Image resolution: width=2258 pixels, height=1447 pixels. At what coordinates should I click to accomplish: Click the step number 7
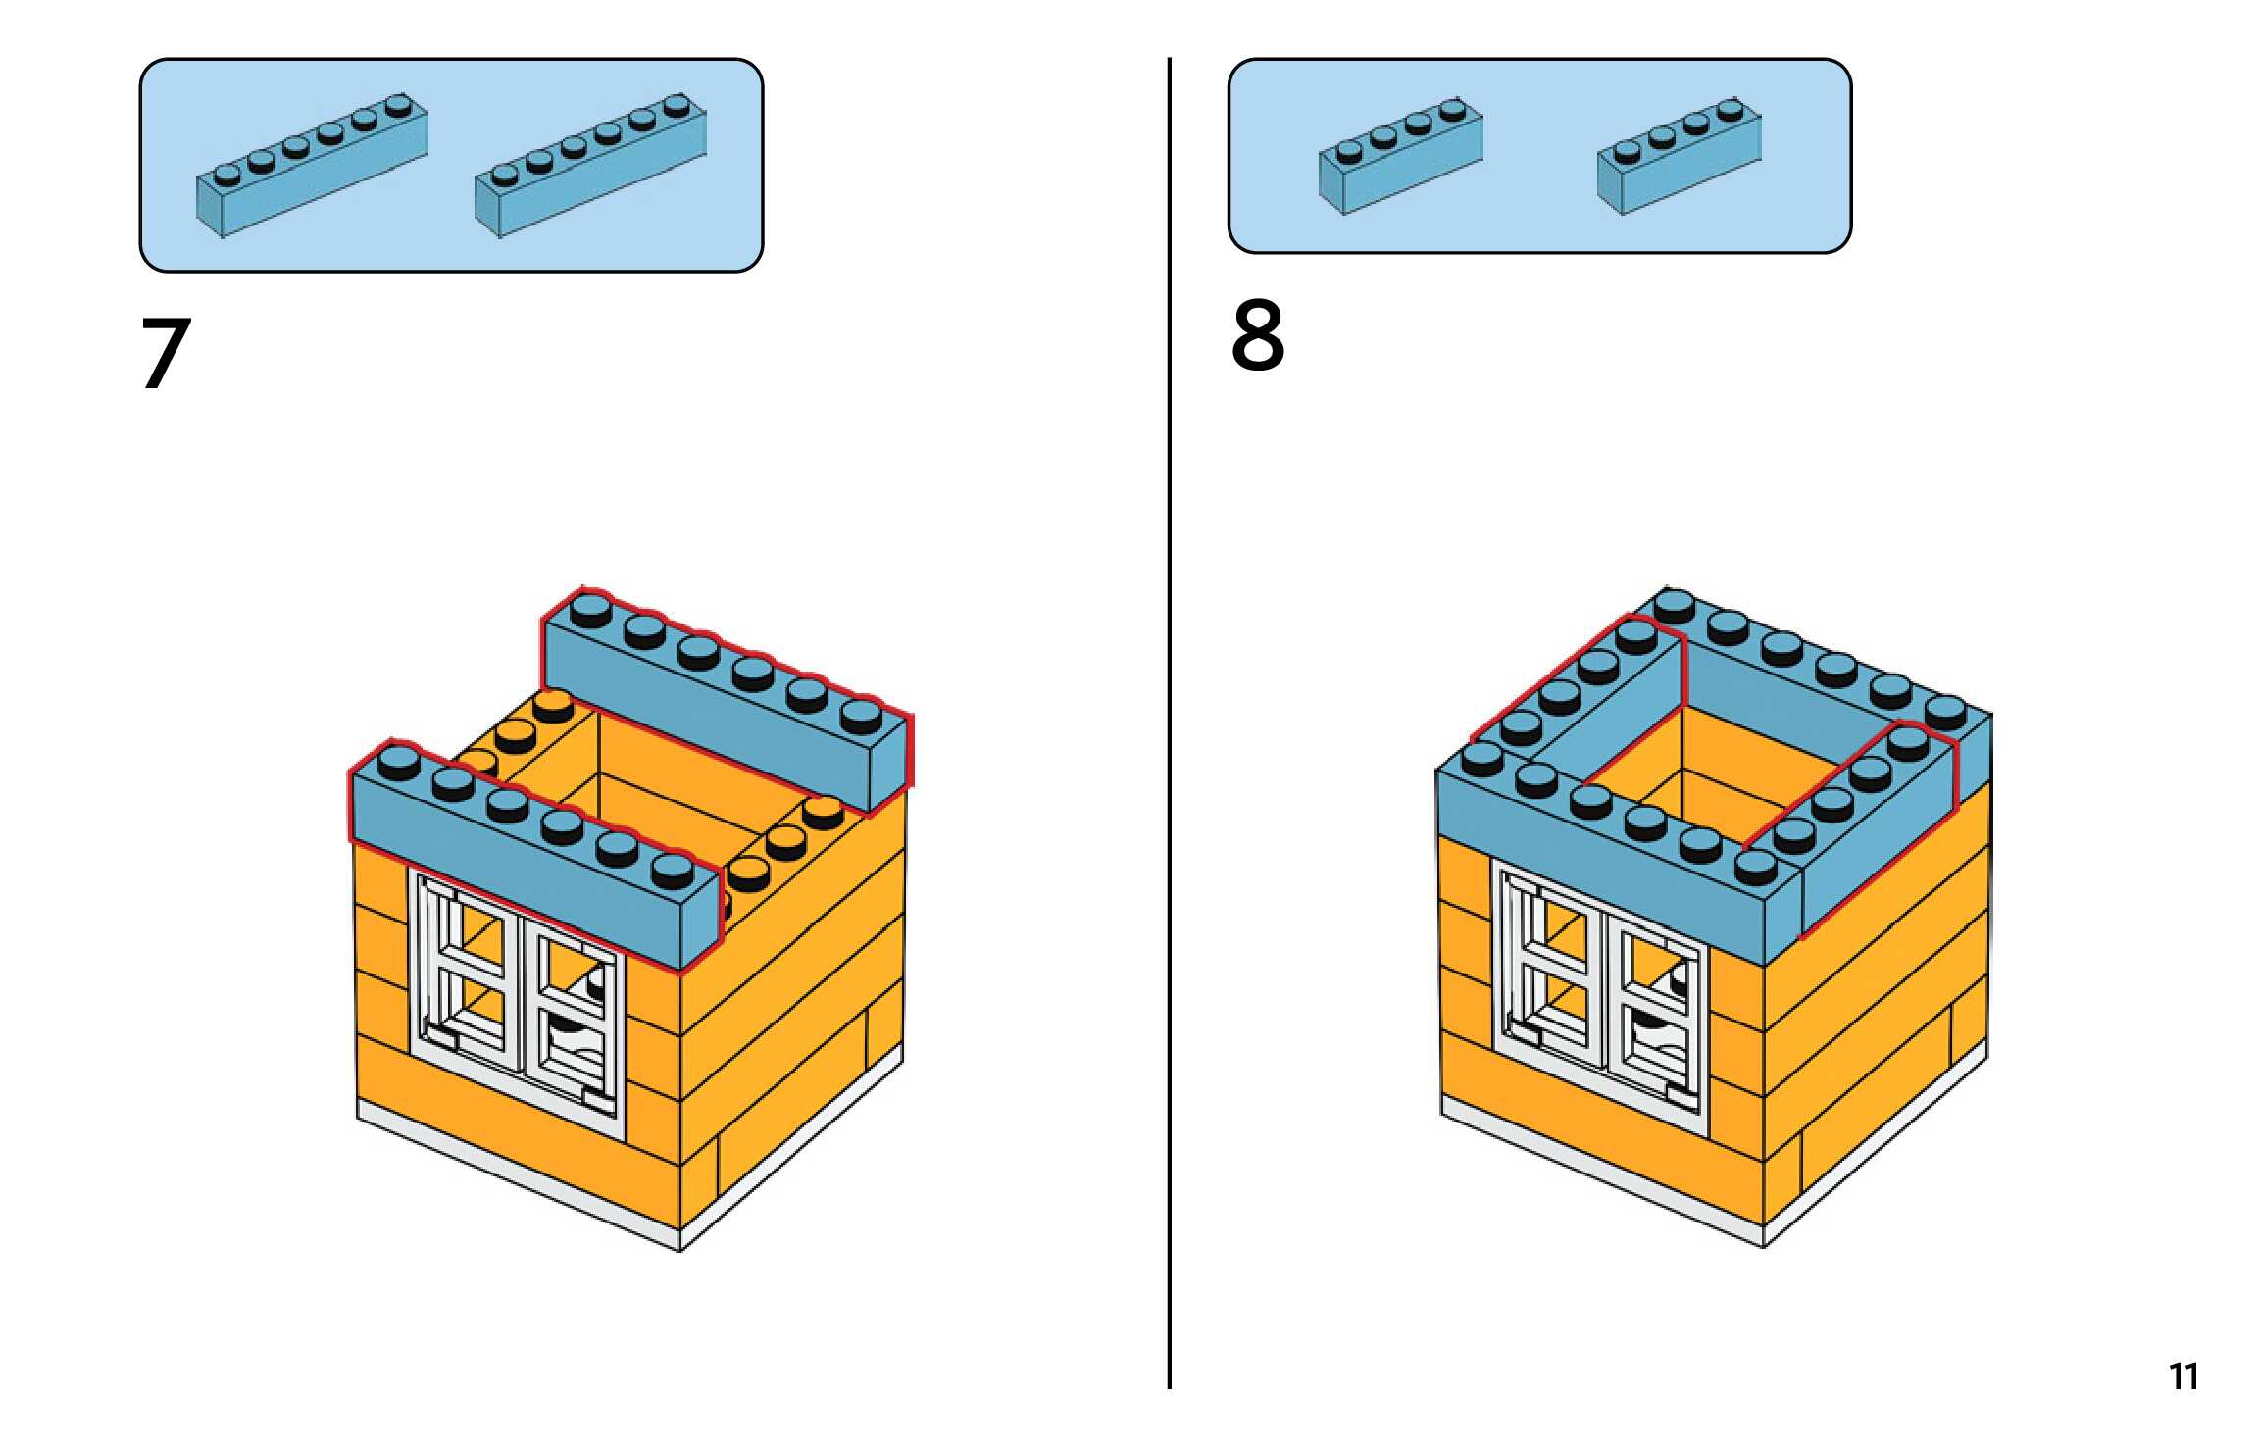click(165, 353)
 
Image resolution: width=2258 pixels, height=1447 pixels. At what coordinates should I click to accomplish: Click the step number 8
click(1257, 336)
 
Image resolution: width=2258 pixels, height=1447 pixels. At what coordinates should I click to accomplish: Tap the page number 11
click(2183, 1376)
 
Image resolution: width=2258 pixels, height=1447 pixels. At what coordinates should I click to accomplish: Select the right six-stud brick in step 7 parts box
click(590, 166)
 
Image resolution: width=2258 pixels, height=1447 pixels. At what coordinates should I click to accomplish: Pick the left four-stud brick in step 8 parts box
click(1400, 157)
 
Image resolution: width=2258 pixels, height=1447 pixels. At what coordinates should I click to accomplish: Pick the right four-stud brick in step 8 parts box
click(1679, 157)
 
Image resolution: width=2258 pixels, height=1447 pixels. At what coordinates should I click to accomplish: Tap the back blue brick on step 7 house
click(726, 706)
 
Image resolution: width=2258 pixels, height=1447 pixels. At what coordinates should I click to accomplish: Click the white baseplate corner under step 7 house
click(681, 1239)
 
